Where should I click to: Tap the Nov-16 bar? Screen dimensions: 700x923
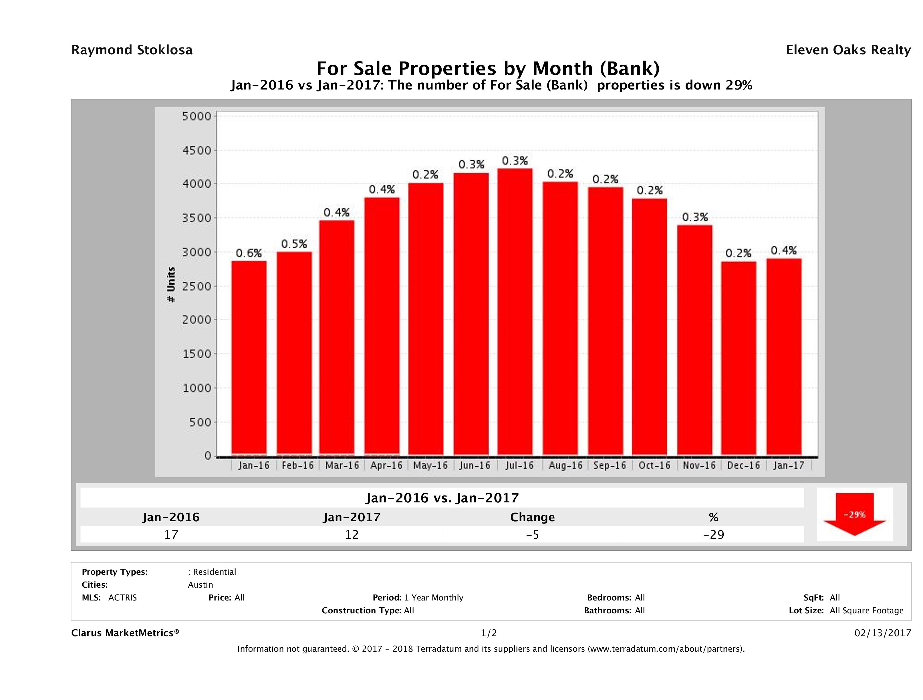(x=694, y=340)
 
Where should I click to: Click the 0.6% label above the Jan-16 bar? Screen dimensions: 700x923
(x=249, y=253)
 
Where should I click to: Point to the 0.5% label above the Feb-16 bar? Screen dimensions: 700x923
(x=294, y=244)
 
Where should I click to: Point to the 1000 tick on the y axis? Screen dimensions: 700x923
(x=197, y=388)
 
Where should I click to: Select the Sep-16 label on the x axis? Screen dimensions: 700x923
(x=610, y=466)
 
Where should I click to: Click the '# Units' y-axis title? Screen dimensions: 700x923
(x=171, y=285)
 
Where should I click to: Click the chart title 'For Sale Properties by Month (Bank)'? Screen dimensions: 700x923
(x=488, y=68)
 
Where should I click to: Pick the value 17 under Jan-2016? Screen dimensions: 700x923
(x=171, y=534)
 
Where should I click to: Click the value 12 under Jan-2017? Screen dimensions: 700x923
(x=352, y=534)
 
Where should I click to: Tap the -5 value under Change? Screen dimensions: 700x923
(x=533, y=534)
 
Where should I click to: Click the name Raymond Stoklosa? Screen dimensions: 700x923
(x=132, y=50)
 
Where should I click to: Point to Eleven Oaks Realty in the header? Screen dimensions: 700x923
(x=848, y=50)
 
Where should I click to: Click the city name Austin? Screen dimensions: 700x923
(x=200, y=585)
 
